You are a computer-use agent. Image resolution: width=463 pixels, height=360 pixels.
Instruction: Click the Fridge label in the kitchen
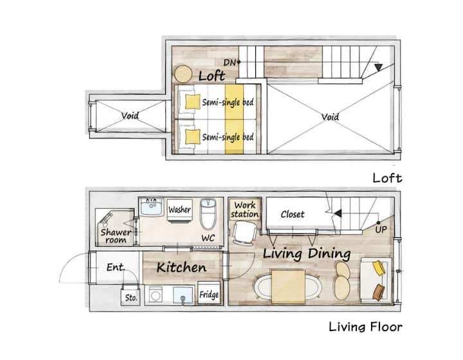(x=209, y=294)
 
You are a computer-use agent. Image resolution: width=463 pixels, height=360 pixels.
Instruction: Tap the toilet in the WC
(x=208, y=214)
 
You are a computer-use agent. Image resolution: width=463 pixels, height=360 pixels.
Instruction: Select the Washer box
(x=180, y=210)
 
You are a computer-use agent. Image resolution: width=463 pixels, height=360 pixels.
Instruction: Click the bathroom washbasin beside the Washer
(x=152, y=207)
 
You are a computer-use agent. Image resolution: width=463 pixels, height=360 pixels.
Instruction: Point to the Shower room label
(x=116, y=236)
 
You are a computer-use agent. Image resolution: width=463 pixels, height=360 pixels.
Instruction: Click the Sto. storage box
(x=131, y=297)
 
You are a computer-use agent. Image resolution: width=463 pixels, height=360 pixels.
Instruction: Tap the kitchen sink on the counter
(x=183, y=295)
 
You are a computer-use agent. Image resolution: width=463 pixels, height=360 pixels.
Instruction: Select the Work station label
(x=245, y=210)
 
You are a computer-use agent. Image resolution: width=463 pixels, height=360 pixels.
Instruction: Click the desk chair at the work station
(x=244, y=233)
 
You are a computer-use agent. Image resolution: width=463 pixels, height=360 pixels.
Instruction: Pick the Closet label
(x=293, y=214)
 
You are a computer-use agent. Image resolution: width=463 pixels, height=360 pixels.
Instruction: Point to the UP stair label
(x=381, y=230)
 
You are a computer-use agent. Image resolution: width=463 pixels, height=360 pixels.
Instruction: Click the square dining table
(x=288, y=287)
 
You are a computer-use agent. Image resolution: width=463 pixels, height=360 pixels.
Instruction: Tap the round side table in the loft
(x=183, y=74)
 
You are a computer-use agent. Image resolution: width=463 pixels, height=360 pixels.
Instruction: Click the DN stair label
(x=230, y=62)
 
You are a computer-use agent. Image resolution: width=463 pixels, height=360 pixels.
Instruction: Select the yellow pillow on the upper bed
(x=192, y=102)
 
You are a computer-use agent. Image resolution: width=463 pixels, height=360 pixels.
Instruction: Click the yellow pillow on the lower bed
(x=192, y=137)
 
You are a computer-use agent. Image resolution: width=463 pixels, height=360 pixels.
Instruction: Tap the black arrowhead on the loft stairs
(x=378, y=67)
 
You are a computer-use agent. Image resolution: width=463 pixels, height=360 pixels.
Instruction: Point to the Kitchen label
(x=181, y=267)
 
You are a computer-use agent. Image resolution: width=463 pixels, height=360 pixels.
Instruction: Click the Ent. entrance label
(x=116, y=267)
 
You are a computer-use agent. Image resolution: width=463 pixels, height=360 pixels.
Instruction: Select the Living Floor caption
(x=365, y=327)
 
